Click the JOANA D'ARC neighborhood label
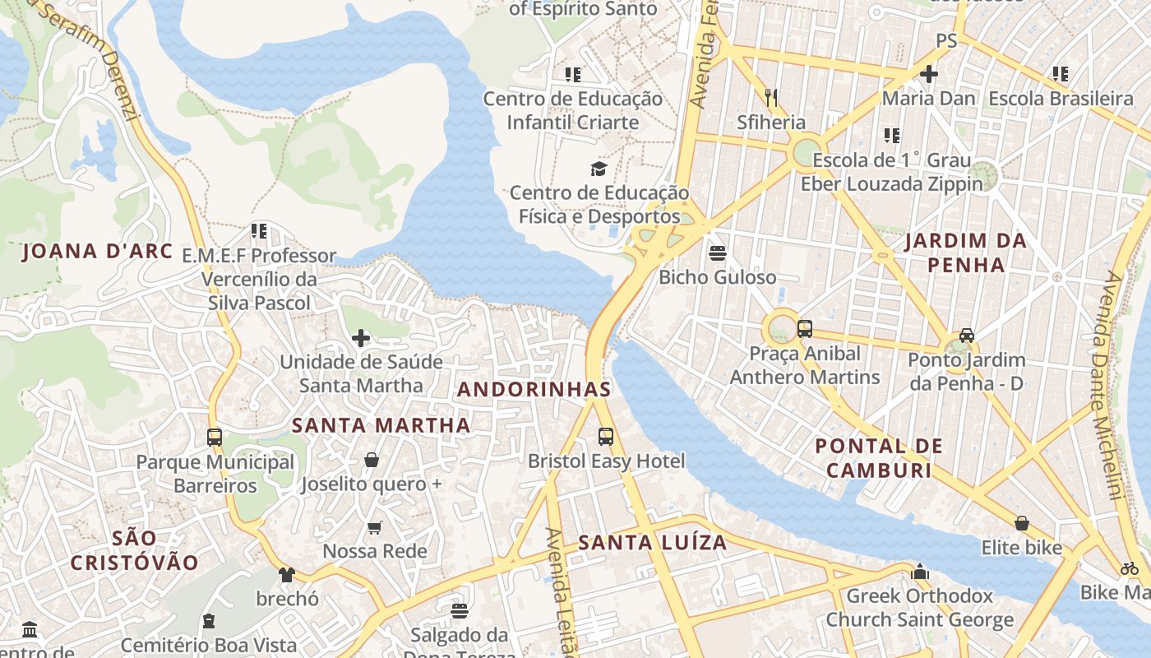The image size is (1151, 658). [97, 251]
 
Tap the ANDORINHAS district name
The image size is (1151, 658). [534, 389]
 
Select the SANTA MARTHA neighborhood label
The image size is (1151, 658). [381, 425]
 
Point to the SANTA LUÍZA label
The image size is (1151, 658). [653, 543]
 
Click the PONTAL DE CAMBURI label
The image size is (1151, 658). [879, 458]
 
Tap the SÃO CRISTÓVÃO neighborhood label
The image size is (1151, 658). [135, 550]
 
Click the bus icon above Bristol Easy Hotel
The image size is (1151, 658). [606, 437]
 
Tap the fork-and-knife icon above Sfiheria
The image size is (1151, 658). [771, 98]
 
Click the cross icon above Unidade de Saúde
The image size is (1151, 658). [360, 338]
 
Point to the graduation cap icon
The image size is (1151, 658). [599, 169]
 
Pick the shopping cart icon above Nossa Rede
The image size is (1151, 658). [375, 527]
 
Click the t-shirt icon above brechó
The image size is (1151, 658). [286, 574]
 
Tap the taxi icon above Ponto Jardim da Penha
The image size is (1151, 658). [967, 336]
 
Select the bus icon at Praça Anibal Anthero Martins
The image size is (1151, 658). [804, 329]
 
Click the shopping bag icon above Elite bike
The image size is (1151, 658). [1021, 523]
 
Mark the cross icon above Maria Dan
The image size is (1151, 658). [929, 74]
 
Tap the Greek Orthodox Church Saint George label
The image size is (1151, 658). [919, 608]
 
